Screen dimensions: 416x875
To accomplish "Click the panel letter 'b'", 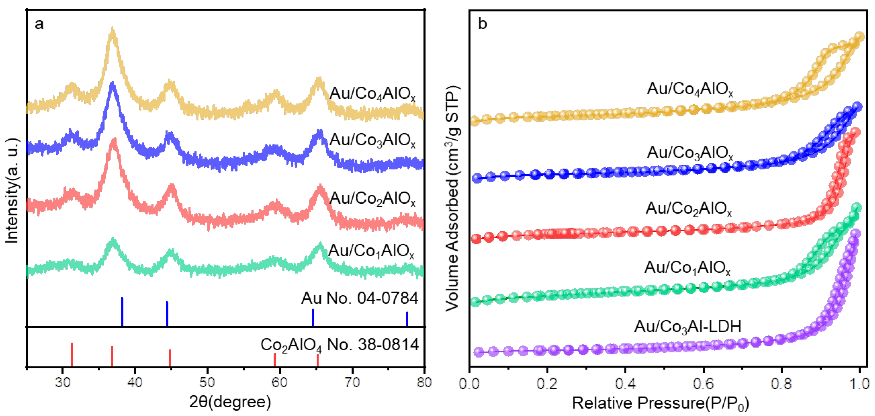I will (x=482, y=24).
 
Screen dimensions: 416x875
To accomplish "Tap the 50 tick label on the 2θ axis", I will (x=207, y=382).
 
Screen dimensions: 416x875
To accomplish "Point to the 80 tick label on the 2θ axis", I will (x=424, y=382).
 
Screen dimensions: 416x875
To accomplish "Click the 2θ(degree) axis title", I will (x=230, y=402).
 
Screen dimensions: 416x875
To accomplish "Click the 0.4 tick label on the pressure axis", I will (x=625, y=384).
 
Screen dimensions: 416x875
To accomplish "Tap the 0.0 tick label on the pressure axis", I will (x=470, y=384).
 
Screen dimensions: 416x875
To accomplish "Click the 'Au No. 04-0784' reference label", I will (x=359, y=298).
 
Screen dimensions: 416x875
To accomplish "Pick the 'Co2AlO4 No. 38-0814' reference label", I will (x=339, y=345).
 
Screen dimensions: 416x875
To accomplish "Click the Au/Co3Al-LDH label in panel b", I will (x=687, y=327).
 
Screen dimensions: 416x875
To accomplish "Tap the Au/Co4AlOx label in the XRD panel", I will (x=372, y=94).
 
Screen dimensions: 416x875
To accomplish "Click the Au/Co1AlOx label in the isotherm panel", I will (x=687, y=268).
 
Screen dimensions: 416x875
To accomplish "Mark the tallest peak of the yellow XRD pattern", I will (x=113, y=32).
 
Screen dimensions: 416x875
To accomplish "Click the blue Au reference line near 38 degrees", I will (x=122, y=311).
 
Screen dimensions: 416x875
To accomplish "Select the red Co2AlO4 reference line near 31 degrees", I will (x=72, y=355).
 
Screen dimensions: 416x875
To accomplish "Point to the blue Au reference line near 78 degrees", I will (x=407, y=319).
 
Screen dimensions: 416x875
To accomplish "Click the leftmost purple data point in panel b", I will (x=479, y=352).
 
